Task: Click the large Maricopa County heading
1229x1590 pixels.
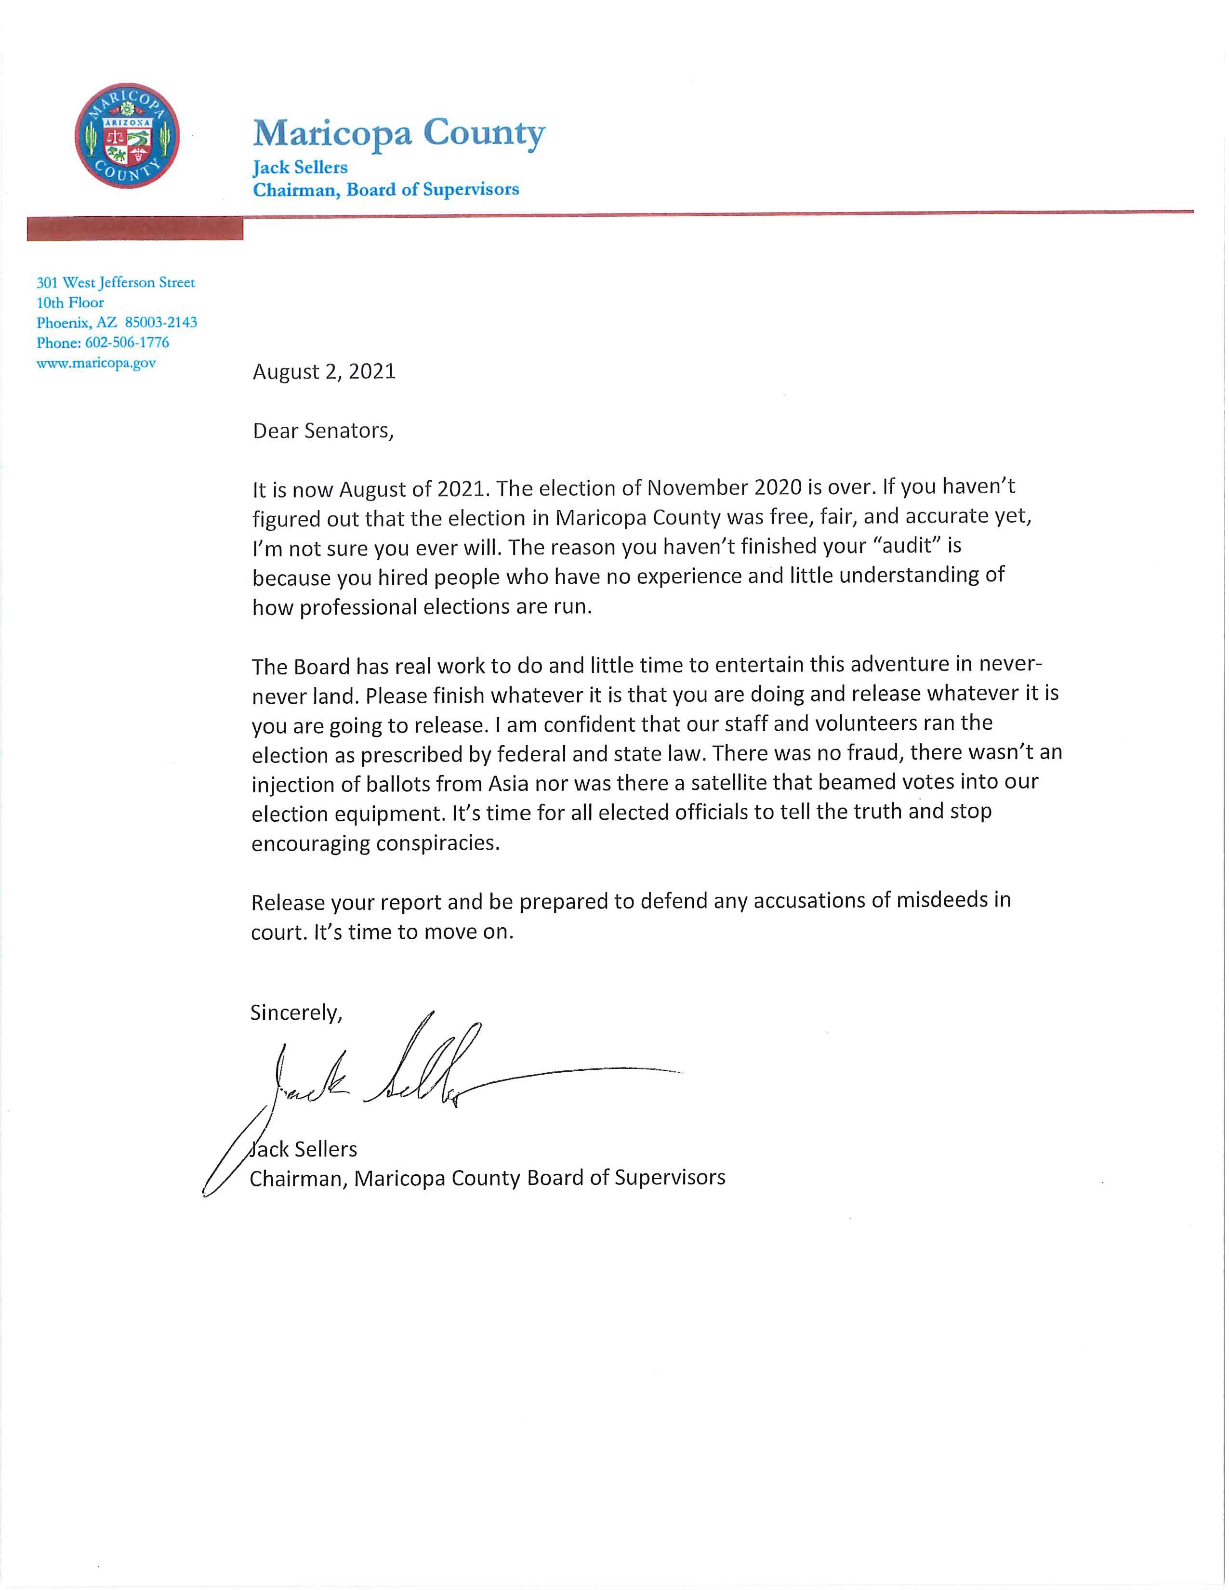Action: [398, 133]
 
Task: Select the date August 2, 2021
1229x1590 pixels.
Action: [324, 371]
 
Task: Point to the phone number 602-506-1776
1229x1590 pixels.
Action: [127, 342]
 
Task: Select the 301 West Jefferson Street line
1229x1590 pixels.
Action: [116, 282]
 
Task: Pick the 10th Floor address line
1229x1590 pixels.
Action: [71, 302]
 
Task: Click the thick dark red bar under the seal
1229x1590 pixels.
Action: [135, 229]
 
